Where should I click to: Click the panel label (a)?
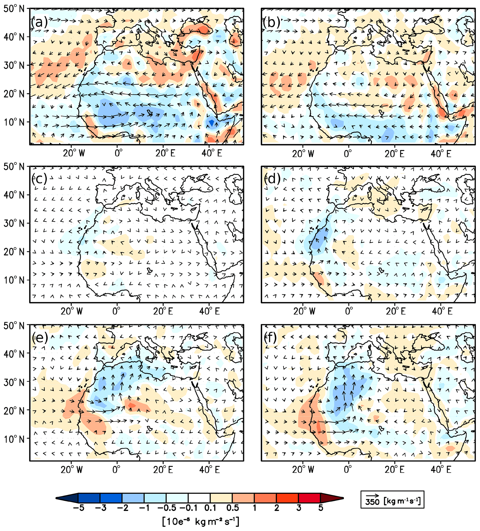click(39, 22)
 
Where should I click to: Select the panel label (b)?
click(271, 22)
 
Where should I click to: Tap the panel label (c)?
click(39, 179)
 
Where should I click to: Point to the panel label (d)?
click(271, 179)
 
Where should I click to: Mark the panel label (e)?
click(39, 337)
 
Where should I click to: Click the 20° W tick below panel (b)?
click(303, 154)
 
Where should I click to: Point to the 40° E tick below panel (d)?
click(442, 311)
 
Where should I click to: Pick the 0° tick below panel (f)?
click(348, 469)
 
